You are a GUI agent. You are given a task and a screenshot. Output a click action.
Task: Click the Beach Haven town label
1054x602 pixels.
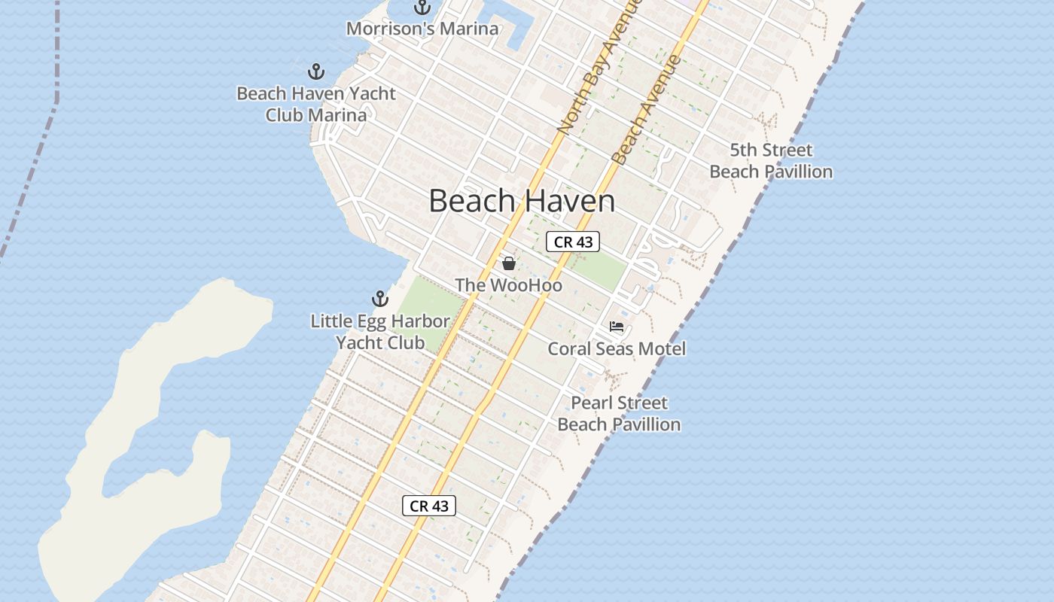pyautogui.click(x=522, y=201)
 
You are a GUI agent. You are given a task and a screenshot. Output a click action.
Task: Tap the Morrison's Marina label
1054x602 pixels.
pyautogui.click(x=422, y=29)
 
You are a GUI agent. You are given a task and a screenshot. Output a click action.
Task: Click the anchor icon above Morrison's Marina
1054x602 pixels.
pyautogui.click(x=422, y=8)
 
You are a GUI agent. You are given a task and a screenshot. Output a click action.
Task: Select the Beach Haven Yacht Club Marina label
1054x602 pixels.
pyautogui.click(x=316, y=105)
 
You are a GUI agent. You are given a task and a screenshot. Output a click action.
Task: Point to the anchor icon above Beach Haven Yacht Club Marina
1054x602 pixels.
pyautogui.click(x=316, y=72)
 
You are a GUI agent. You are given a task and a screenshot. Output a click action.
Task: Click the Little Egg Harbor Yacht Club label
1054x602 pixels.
pyautogui.click(x=380, y=332)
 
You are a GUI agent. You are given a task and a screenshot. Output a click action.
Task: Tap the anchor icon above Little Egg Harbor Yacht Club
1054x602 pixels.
pyautogui.click(x=380, y=299)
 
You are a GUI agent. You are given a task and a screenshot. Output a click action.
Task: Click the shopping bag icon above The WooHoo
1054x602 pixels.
pyautogui.click(x=509, y=263)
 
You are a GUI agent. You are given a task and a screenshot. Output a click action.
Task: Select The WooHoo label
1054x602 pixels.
pyautogui.click(x=508, y=285)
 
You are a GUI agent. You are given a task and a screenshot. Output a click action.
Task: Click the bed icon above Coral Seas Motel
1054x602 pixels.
pyautogui.click(x=617, y=327)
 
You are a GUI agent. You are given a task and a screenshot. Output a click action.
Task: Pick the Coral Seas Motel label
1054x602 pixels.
pyautogui.click(x=617, y=348)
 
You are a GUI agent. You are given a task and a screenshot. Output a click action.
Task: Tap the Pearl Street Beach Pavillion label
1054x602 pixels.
pyautogui.click(x=619, y=413)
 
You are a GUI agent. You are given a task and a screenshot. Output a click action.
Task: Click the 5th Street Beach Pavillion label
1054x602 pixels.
pyautogui.click(x=771, y=160)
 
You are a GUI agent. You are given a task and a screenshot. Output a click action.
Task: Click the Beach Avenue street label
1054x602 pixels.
pyautogui.click(x=646, y=109)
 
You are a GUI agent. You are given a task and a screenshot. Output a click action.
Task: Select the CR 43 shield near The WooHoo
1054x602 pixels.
pyautogui.click(x=573, y=242)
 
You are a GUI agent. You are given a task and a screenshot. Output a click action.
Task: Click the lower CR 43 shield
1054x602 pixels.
pyautogui.click(x=429, y=506)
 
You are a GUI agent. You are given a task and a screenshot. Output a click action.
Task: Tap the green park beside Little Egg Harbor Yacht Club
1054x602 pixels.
pyautogui.click(x=429, y=305)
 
